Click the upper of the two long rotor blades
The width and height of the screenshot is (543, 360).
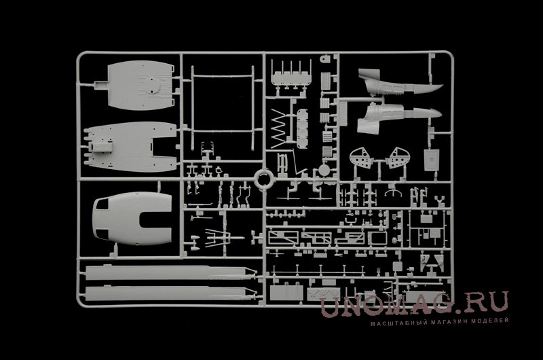click(170, 272)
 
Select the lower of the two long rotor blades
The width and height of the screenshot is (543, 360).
click(170, 293)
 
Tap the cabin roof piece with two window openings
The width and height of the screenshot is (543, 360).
click(132, 218)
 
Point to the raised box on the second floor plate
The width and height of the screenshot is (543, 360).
click(102, 147)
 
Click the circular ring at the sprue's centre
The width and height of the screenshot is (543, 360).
click(264, 179)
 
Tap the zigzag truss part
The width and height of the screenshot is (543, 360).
click(279, 126)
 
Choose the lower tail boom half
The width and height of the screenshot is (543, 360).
click(398, 118)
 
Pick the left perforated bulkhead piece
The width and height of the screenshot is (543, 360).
click(361, 158)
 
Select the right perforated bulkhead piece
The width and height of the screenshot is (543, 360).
click(398, 158)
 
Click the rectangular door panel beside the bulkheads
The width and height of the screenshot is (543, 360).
click(432, 160)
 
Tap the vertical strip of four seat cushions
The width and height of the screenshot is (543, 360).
click(302, 128)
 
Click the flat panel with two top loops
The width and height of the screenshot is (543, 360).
click(286, 292)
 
